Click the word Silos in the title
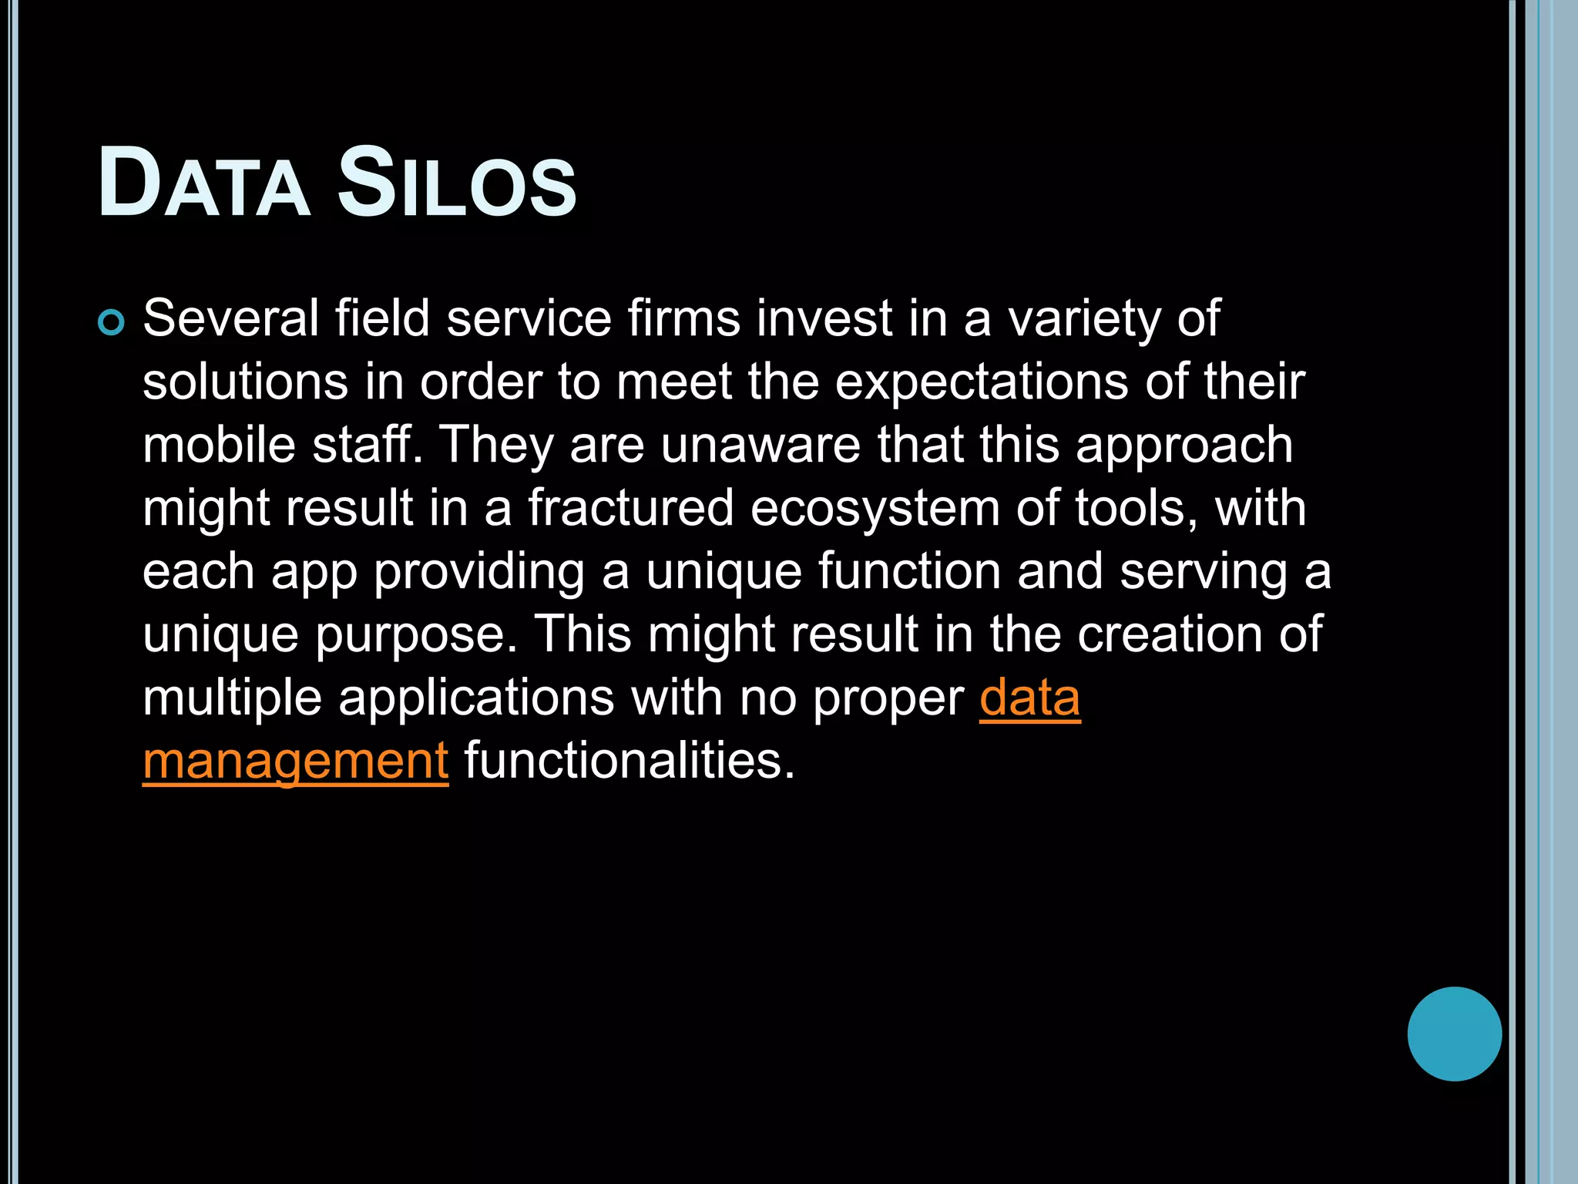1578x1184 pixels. (457, 183)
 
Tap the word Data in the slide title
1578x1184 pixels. (204, 183)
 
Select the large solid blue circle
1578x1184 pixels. (1454, 1034)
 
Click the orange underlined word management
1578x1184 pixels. (295, 762)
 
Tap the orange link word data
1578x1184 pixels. (1029, 698)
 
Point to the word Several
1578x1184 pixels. (230, 318)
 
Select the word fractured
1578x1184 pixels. (630, 508)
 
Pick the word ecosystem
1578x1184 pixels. (875, 510)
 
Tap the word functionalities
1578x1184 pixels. (629, 761)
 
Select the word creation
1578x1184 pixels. (1170, 634)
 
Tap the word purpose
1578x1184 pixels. (416, 636)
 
